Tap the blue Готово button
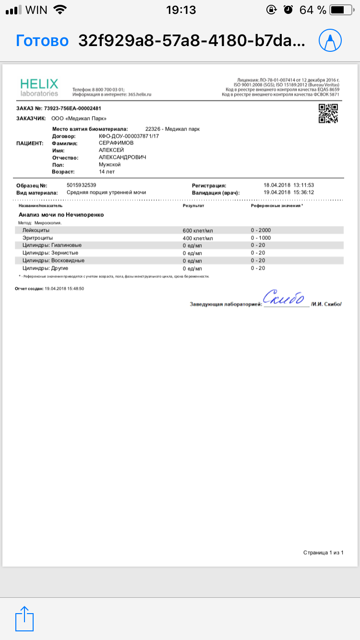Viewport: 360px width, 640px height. click(42, 41)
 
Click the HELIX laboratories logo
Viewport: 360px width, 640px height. click(39, 87)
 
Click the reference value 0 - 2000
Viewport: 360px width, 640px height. click(261, 230)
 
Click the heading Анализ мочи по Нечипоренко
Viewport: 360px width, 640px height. click(61, 215)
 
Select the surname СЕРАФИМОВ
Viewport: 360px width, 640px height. click(116, 143)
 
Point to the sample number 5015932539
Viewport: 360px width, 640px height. click(82, 185)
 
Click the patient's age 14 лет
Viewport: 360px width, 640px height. click(107, 171)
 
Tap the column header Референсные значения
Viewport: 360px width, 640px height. click(276, 205)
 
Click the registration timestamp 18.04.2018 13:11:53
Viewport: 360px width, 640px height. click(289, 185)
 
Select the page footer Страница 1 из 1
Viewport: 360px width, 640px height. click(324, 553)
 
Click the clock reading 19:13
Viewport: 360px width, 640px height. click(180, 10)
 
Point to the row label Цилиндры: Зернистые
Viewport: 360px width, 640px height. click(50, 253)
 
